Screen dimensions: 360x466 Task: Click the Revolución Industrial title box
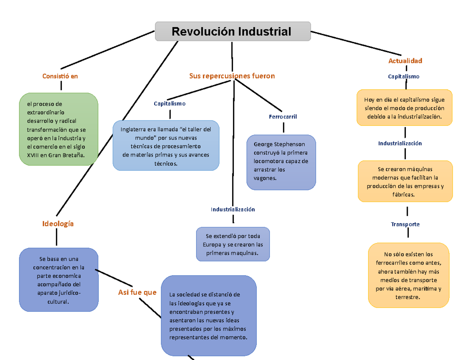tap(233, 31)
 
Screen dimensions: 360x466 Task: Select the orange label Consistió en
tap(60, 77)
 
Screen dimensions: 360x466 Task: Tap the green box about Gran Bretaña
tap(59, 129)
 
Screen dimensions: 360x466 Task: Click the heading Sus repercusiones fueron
tap(232, 76)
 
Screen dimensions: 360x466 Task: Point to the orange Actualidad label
tap(405, 61)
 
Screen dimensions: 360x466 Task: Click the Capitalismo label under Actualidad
tap(403, 77)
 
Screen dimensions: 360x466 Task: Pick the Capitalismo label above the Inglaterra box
tap(170, 104)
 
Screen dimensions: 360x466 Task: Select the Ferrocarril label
tap(283, 117)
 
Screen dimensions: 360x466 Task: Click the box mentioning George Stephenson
tap(281, 162)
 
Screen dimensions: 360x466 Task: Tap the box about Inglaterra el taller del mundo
tap(166, 146)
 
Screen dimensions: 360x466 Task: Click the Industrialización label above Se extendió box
tap(233, 209)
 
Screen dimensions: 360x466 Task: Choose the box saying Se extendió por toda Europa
tap(233, 244)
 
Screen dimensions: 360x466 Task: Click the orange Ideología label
tap(57, 224)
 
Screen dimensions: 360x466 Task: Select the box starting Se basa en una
tap(59, 280)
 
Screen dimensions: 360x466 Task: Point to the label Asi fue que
tap(137, 292)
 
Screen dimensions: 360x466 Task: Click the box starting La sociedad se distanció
tap(209, 315)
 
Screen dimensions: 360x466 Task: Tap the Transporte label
tap(405, 224)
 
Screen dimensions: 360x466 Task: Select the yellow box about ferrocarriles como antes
tap(408, 275)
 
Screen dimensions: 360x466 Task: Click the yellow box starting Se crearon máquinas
tap(405, 181)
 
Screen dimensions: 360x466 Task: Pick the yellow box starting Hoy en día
tap(404, 108)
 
